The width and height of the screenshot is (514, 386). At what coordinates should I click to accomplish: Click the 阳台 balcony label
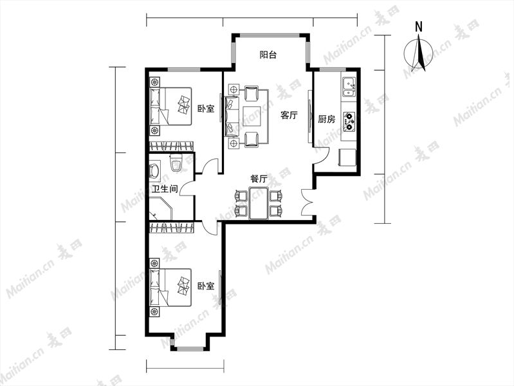point(268,55)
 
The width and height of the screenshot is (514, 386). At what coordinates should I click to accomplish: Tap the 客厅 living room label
point(289,115)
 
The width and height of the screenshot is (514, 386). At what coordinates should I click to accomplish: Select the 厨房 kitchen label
point(327,119)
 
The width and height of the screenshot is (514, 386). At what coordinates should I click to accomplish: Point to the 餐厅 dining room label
point(259,179)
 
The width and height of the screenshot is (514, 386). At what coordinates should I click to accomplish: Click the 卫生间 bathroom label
point(165,188)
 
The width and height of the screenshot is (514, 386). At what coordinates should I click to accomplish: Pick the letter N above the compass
point(418,27)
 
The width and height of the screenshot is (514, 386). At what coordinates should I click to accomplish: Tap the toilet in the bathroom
point(176,163)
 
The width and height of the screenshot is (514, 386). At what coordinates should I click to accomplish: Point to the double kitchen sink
point(349,87)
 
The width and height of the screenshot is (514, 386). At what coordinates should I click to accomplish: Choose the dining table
point(259,203)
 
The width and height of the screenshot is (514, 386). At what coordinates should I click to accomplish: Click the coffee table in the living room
point(252,116)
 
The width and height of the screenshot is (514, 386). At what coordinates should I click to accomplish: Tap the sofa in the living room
point(232,116)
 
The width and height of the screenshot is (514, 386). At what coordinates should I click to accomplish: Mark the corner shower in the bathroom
point(161,208)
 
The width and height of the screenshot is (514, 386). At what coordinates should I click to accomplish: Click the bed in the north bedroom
point(170,106)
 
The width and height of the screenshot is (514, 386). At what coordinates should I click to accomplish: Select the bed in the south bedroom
point(170,288)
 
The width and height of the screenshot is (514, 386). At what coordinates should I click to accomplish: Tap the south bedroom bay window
point(190,348)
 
